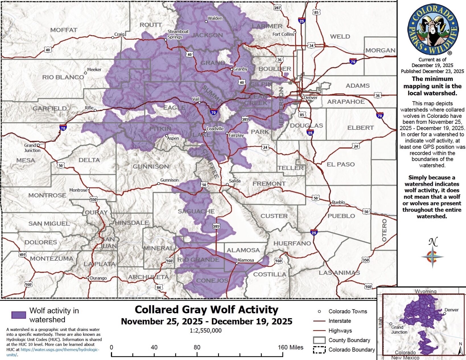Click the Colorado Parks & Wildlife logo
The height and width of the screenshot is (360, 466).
(x=432, y=30)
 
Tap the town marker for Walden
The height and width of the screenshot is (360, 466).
(x=206, y=22)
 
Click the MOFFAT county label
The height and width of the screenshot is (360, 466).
(x=64, y=30)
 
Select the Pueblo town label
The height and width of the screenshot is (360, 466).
(x=338, y=202)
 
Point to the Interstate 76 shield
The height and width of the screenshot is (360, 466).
(x=353, y=61)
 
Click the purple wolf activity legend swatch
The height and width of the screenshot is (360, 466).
(x=18, y=315)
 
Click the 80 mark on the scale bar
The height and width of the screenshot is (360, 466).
(x=197, y=347)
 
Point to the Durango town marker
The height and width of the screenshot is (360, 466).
(x=88, y=278)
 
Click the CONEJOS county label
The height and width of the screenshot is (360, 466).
(x=212, y=281)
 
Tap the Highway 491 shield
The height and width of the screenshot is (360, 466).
(x=22, y=254)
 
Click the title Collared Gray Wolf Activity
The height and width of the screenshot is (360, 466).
(x=206, y=310)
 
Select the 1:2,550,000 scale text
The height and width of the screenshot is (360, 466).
(x=206, y=331)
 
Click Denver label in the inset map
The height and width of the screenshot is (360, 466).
(x=451, y=310)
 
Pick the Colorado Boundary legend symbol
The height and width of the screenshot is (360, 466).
(x=319, y=350)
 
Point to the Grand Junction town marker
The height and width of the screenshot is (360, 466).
(x=38, y=145)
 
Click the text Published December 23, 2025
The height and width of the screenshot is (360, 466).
(x=432, y=71)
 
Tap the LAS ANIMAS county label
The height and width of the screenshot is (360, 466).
(x=339, y=273)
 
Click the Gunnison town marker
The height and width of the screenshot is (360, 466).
(x=159, y=184)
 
